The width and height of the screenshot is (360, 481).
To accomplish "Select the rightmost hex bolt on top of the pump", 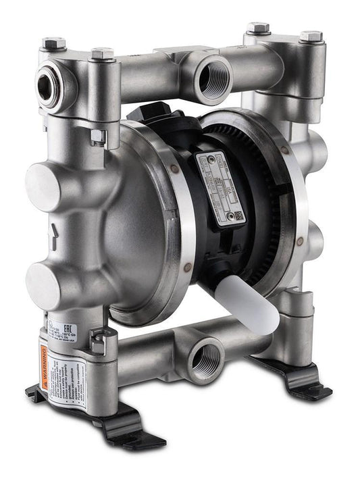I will [311, 34].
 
